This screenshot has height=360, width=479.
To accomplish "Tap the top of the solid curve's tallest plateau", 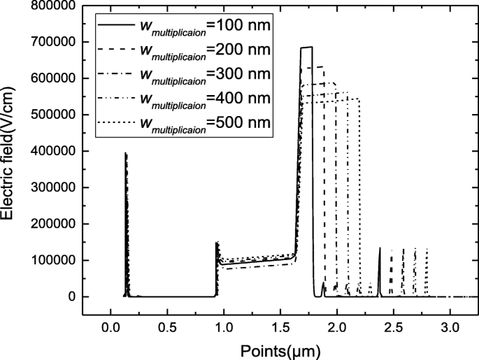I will [x=306, y=48].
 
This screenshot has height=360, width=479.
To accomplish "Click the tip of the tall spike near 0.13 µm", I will [x=125, y=153].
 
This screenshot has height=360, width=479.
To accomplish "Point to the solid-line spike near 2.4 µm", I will [x=380, y=248].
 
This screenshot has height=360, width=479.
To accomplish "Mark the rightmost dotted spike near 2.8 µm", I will [x=427, y=250].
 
